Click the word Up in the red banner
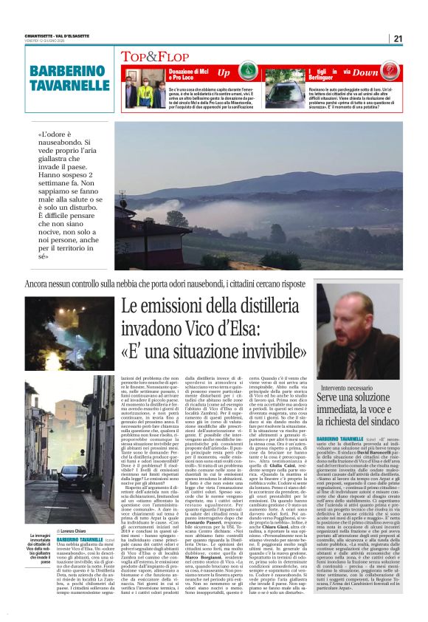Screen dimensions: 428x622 coord(224,72)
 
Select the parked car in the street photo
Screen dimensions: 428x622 coord(77,476)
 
